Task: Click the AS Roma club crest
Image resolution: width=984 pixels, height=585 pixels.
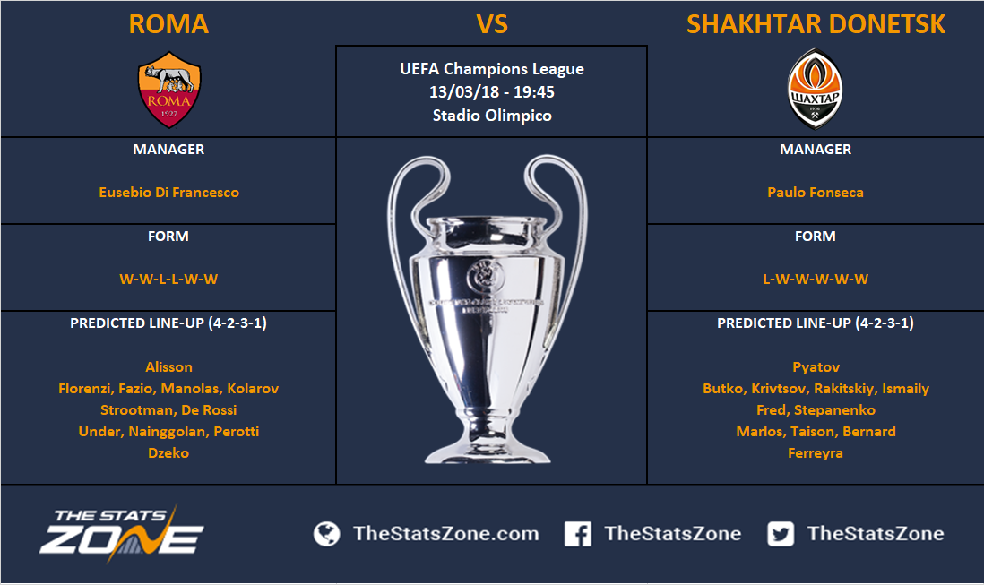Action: click(x=168, y=90)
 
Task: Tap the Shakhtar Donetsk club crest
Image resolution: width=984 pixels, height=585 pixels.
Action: click(x=815, y=89)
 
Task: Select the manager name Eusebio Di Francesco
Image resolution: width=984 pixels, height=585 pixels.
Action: click(x=168, y=193)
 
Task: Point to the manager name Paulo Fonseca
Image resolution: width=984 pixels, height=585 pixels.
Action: click(x=816, y=193)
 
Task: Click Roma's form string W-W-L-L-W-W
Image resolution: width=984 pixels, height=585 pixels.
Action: click(x=168, y=279)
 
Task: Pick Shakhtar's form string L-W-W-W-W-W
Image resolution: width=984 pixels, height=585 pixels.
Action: click(x=816, y=279)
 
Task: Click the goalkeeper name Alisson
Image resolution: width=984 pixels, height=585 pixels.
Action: click(x=168, y=366)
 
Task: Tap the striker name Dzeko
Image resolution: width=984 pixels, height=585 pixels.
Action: click(x=168, y=452)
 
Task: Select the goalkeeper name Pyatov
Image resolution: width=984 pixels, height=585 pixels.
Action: click(x=816, y=367)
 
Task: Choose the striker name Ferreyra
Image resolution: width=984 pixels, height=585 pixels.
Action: click(x=816, y=453)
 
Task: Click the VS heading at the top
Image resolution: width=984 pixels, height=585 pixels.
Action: click(x=492, y=24)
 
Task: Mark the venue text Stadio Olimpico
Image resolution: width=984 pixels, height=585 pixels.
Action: click(x=492, y=116)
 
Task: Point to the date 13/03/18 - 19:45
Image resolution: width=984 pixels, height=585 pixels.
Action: click(x=492, y=92)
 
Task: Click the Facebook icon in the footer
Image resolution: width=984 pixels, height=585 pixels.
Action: click(x=577, y=534)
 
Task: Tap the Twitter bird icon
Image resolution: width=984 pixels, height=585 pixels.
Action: click(x=780, y=534)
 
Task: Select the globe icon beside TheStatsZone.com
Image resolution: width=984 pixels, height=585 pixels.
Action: click(x=326, y=534)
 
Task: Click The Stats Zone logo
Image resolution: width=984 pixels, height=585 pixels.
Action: click(x=122, y=532)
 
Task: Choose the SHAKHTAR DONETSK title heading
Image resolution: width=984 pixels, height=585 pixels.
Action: click(x=816, y=24)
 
